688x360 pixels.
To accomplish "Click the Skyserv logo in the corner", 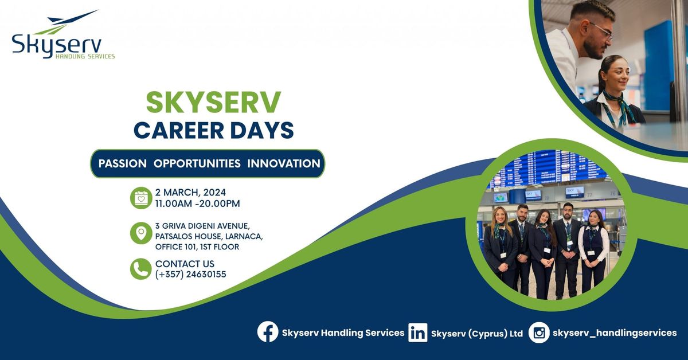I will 62,36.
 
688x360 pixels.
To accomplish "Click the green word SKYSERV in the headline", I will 213,103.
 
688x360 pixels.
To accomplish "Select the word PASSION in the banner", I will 122,163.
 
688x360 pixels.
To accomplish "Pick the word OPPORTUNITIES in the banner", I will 197,163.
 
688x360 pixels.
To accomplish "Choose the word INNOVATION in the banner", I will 284,163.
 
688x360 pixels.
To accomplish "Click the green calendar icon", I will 140,198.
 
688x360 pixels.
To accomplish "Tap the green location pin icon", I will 140,233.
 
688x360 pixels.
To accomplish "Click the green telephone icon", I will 140,268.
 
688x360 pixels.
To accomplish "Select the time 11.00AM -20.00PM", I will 197,204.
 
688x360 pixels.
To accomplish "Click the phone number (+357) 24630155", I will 190,275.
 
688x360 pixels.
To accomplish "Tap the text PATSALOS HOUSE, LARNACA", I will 209,236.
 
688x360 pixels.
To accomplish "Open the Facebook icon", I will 268,332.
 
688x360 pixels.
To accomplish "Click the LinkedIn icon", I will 418,332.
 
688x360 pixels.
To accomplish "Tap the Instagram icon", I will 539,332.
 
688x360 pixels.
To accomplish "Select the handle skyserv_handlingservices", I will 614,332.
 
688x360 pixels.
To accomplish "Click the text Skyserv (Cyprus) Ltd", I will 476,333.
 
